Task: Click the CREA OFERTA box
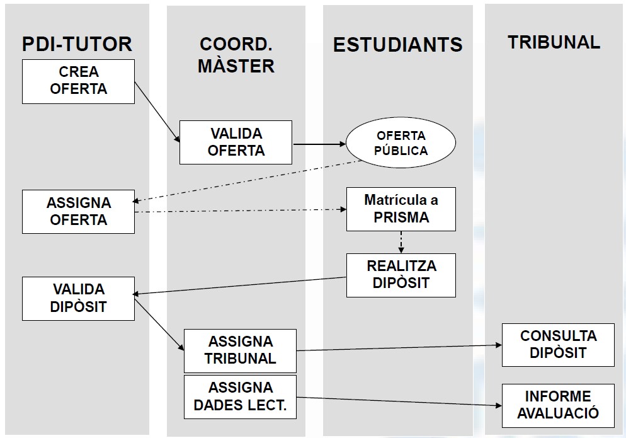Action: click(78, 81)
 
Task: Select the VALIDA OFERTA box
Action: click(236, 142)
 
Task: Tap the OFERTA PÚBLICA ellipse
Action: click(401, 143)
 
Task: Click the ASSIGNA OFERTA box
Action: click(78, 212)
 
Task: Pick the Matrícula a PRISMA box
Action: click(401, 209)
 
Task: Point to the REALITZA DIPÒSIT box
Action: click(401, 275)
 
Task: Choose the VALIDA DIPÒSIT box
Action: click(78, 298)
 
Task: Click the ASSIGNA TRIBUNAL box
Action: click(240, 350)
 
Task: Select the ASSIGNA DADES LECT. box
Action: click(240, 397)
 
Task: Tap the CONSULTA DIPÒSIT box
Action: click(557, 345)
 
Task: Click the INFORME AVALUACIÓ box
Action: click(557, 405)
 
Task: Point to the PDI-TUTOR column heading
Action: click(77, 44)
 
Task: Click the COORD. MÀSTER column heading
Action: click(236, 55)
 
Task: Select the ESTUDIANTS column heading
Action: click(397, 45)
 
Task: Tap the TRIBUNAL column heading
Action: click(554, 42)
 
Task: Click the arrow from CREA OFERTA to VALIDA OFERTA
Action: click(157, 113)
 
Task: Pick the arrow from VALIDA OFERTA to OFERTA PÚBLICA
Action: click(319, 144)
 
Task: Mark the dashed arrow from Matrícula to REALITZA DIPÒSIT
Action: click(401, 242)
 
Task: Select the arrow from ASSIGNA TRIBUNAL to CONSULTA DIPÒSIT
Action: click(399, 347)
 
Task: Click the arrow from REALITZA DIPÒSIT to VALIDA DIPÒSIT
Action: click(240, 285)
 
